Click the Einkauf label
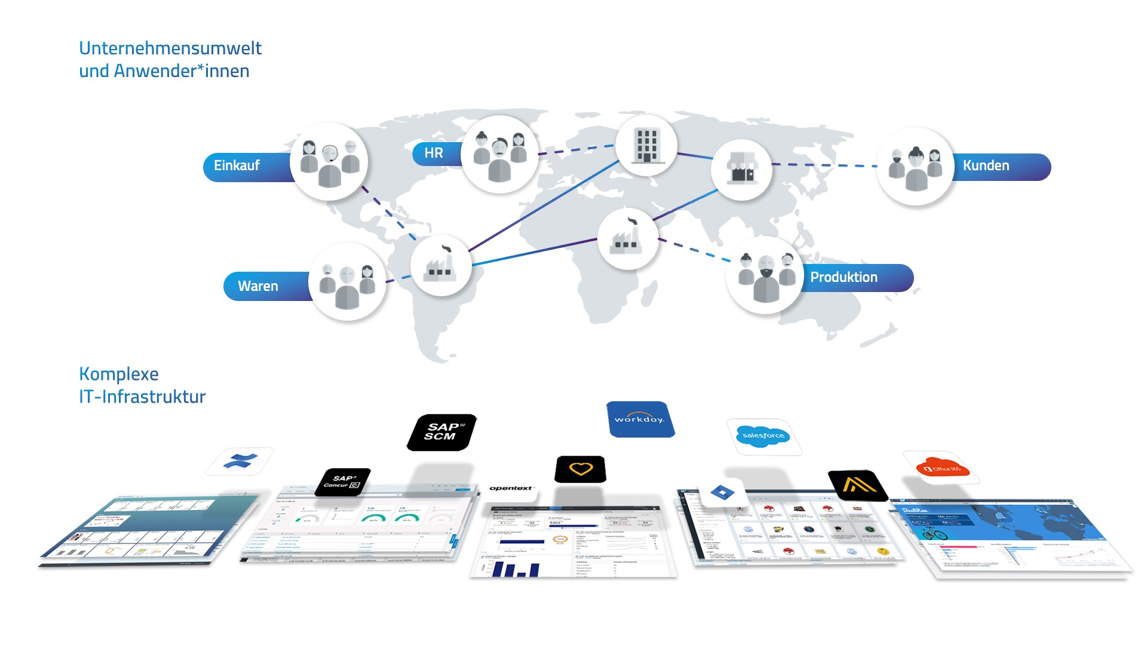click(x=237, y=165)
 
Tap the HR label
click(x=434, y=153)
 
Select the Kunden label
click(x=986, y=165)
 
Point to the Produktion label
click(x=844, y=277)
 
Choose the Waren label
click(x=258, y=286)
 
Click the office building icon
click(x=646, y=145)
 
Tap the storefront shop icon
click(x=741, y=170)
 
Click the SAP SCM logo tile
click(x=441, y=432)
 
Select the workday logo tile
click(x=639, y=419)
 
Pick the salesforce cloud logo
click(x=763, y=436)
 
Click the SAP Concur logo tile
click(x=343, y=482)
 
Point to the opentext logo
click(x=511, y=489)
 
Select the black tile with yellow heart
click(x=580, y=469)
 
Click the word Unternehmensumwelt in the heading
click(x=170, y=48)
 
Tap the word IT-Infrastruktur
click(x=142, y=397)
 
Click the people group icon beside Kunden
click(x=915, y=167)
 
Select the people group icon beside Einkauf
click(x=329, y=162)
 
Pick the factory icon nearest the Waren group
click(x=441, y=266)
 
